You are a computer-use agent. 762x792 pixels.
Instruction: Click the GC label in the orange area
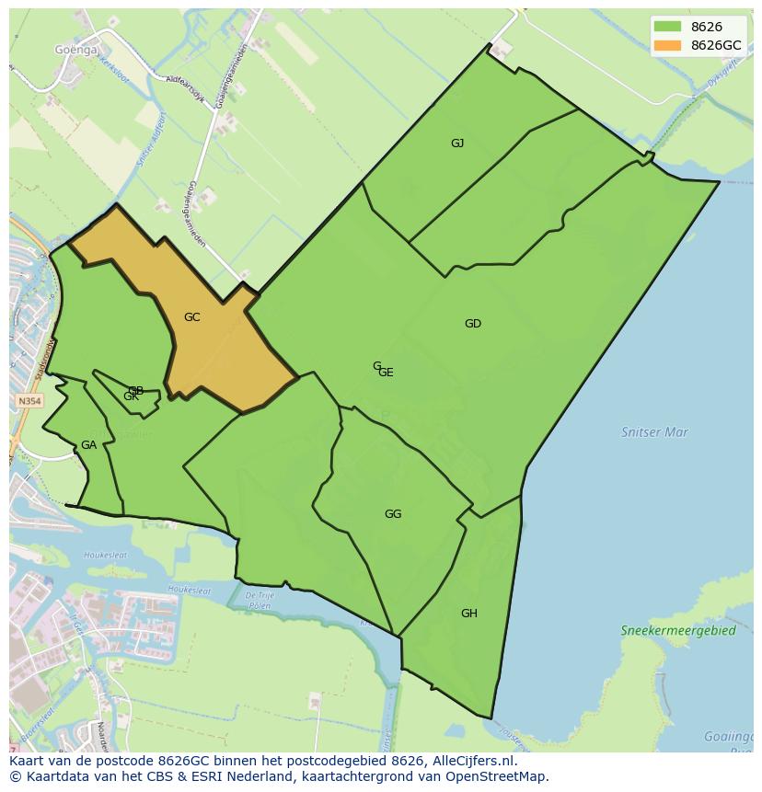tap(191, 317)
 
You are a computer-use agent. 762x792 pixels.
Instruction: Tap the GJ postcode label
tap(457, 143)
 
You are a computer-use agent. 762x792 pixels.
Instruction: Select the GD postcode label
tap(473, 324)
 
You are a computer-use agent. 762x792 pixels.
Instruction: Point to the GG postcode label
tap(393, 514)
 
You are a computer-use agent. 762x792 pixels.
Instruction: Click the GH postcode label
tap(469, 614)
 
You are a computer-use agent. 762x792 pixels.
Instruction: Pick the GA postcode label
tap(88, 445)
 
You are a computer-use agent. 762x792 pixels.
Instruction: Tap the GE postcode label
tap(387, 373)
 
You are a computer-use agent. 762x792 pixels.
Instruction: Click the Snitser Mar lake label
tap(654, 431)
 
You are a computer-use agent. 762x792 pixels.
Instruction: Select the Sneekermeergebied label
tap(678, 631)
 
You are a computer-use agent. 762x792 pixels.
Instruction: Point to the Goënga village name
tap(75, 51)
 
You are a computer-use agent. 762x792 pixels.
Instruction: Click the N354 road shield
tap(29, 402)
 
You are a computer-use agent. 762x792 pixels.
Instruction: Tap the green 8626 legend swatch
tap(667, 28)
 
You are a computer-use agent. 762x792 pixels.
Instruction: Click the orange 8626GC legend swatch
tap(667, 45)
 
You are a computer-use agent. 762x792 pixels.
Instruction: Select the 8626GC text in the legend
tap(716, 45)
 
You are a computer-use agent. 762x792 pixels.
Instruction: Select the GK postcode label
tap(131, 396)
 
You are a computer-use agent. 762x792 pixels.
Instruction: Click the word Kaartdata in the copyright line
tap(53, 776)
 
